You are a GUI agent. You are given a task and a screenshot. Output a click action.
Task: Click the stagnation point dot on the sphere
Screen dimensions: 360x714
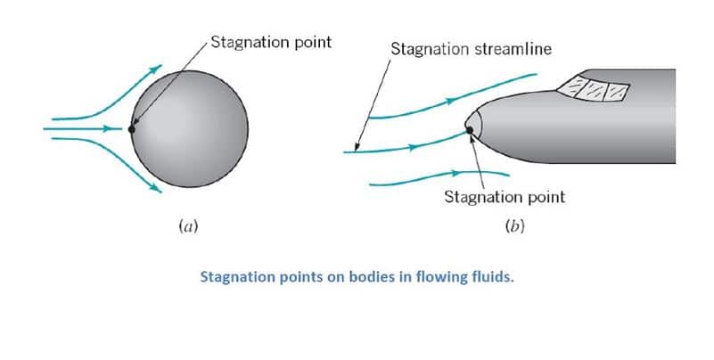(132, 128)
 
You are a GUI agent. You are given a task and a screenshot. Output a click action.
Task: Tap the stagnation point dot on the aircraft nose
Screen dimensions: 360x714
(470, 131)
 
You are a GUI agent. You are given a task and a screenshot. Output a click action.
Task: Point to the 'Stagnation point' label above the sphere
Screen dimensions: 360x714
(270, 42)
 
